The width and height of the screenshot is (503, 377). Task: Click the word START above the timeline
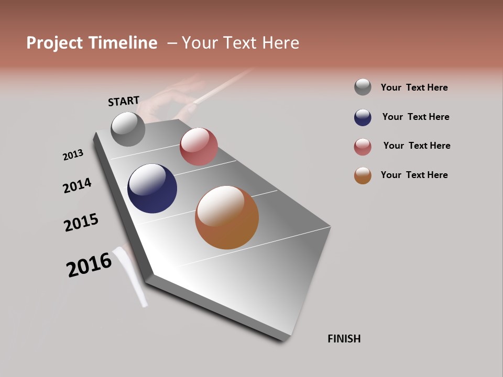pyautogui.click(x=124, y=101)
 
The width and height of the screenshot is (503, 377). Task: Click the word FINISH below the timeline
pyautogui.click(x=344, y=339)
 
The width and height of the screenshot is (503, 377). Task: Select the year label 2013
pyautogui.click(x=73, y=155)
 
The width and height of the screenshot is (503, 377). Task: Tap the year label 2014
pyautogui.click(x=77, y=185)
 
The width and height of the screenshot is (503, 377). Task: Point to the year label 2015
pyautogui.click(x=81, y=223)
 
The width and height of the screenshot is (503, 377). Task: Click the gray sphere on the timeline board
pyautogui.click(x=128, y=129)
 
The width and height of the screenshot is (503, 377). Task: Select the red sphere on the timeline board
pyautogui.click(x=199, y=147)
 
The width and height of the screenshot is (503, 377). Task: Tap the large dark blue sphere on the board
pyautogui.click(x=152, y=188)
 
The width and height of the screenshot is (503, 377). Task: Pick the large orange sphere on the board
pyautogui.click(x=227, y=217)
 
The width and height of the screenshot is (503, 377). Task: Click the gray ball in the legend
pyautogui.click(x=363, y=87)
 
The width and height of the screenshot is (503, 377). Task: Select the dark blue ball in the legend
pyautogui.click(x=363, y=117)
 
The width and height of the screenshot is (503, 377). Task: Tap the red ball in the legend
pyautogui.click(x=363, y=147)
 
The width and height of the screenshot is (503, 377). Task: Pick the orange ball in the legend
pyautogui.click(x=363, y=175)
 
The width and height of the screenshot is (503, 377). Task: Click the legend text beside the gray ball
pyautogui.click(x=414, y=87)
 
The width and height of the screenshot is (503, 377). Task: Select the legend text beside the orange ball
pyautogui.click(x=414, y=175)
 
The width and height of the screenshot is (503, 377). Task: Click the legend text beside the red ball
pyautogui.click(x=417, y=146)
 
